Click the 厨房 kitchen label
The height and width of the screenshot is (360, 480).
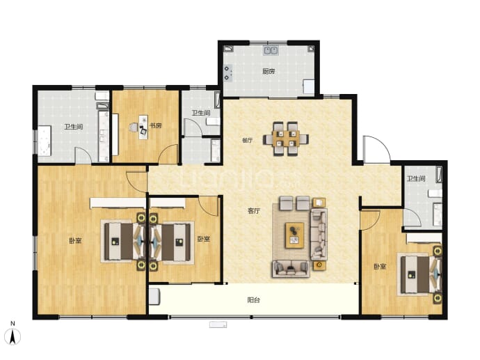tap(269, 72)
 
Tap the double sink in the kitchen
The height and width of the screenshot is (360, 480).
tap(271, 50)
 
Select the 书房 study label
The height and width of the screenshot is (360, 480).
tap(155, 125)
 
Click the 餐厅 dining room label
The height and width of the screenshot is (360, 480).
tap(248, 141)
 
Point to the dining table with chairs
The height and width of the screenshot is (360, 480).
tap(286, 139)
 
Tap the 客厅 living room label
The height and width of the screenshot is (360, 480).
tap(254, 211)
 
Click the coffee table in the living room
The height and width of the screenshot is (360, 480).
tap(294, 235)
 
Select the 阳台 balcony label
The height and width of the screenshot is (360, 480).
tap(253, 300)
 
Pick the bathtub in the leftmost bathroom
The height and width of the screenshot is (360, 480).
tap(45, 141)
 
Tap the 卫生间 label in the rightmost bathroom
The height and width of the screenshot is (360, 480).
tap(416, 179)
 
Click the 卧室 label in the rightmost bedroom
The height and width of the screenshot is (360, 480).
tap(380, 267)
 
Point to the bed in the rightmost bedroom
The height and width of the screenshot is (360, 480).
tap(419, 274)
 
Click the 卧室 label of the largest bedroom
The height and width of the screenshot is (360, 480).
tap(75, 240)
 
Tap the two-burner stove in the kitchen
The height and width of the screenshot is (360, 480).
tap(227, 73)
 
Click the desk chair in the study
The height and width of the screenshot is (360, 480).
tap(134, 127)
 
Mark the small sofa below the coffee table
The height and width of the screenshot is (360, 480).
tap(291, 269)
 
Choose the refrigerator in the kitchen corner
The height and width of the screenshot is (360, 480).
tap(309, 87)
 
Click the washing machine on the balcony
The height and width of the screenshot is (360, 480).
tap(154, 296)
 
